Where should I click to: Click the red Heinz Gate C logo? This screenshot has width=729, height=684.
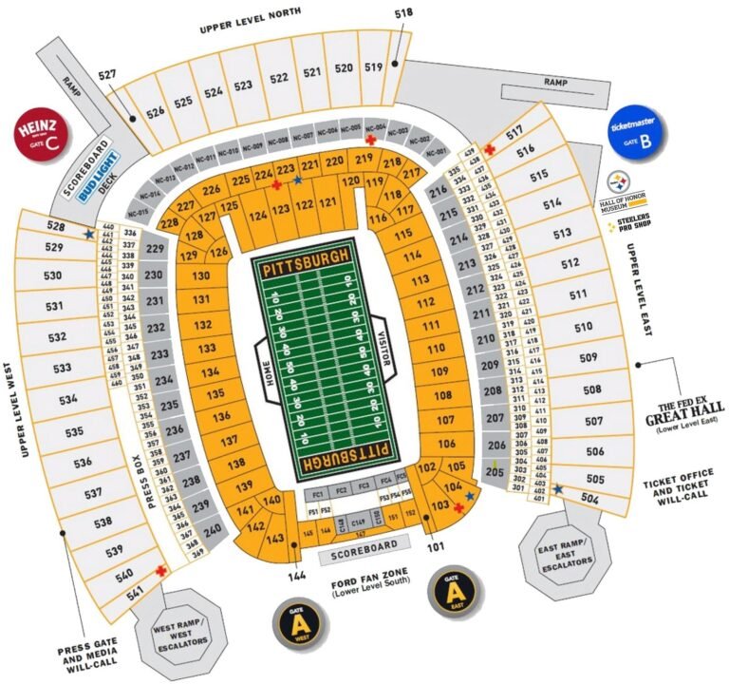click(x=40, y=132)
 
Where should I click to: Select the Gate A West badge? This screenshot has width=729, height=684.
click(x=299, y=621)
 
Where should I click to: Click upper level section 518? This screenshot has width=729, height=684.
click(x=403, y=13)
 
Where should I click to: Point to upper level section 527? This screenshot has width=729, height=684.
click(x=106, y=74)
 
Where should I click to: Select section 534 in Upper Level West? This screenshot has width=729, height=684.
click(x=67, y=400)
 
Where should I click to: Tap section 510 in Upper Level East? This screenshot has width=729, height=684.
click(x=582, y=327)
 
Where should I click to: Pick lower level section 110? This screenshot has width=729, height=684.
click(x=437, y=349)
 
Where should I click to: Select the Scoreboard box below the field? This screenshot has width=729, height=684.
click(x=364, y=547)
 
